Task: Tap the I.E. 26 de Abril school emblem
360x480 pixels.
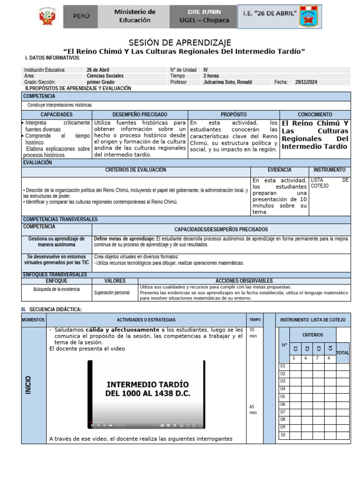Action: coord(308,17)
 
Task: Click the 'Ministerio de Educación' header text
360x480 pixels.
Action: coord(135,16)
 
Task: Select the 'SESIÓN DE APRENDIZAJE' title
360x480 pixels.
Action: coord(180,43)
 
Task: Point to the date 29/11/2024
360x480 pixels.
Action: coord(306,82)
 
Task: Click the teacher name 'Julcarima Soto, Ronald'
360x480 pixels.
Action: coord(227,82)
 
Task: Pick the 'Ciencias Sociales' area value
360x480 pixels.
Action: coord(105,75)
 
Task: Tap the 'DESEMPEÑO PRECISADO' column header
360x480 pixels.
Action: coord(140,114)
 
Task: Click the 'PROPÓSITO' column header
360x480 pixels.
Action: coord(233,114)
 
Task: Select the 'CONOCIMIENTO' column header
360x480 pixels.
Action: coord(315,114)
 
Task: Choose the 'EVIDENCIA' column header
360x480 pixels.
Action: coord(279,170)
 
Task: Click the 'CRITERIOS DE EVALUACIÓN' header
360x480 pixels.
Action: coord(135,170)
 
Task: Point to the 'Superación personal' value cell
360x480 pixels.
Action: coord(112,292)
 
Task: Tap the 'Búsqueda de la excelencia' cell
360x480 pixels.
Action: coord(56,289)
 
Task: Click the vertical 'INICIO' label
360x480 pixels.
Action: coord(28,384)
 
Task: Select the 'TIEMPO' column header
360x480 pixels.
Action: coord(255,320)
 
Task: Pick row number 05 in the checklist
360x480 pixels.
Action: coord(283,396)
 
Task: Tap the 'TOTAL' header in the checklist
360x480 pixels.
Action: coord(343,352)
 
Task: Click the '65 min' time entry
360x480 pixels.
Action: coord(253,409)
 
